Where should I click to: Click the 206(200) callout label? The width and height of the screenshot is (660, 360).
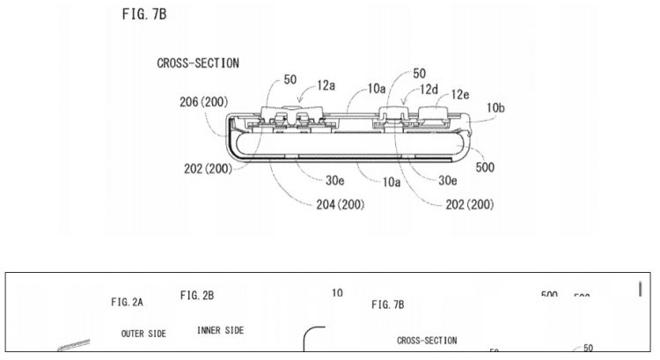[204, 102]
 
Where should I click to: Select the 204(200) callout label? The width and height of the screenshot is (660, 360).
[340, 204]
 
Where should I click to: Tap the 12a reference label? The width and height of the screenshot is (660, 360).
[326, 86]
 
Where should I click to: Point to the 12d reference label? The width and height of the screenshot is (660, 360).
[429, 89]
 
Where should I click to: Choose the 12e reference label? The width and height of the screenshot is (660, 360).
[460, 94]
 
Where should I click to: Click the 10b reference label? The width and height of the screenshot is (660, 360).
[495, 108]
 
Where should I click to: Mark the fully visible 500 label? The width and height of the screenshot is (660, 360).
[485, 167]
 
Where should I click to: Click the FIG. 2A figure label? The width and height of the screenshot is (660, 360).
[127, 302]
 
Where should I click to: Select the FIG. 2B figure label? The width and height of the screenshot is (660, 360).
[197, 296]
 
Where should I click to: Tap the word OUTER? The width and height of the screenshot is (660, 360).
[133, 334]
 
